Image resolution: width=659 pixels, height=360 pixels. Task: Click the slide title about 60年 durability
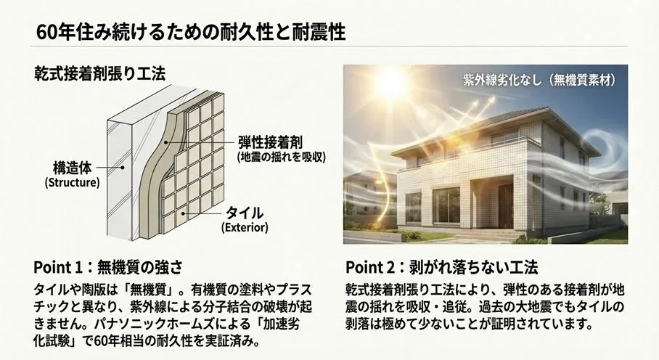click(191, 32)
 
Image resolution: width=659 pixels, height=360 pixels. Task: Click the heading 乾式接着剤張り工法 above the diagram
click(100, 73)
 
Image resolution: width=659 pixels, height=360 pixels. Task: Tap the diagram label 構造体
click(72, 168)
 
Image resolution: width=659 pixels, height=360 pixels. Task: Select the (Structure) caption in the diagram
click(73, 183)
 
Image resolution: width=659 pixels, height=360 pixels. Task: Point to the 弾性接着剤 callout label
click(270, 142)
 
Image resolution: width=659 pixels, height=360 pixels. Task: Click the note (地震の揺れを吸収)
click(281, 157)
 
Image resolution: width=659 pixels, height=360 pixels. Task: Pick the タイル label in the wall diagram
click(245, 213)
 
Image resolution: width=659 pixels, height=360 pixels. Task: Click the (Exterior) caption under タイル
click(245, 228)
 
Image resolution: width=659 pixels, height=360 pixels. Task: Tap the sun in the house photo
click(390, 83)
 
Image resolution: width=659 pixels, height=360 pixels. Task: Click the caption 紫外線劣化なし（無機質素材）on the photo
click(539, 80)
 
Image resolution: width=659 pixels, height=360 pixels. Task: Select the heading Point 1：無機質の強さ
click(108, 267)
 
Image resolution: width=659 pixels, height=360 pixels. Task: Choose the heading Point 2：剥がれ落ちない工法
click(442, 267)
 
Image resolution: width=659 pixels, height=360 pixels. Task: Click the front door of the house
click(506, 205)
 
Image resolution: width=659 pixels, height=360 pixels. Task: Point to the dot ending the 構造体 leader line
click(123, 167)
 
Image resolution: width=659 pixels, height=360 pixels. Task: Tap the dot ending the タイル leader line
click(183, 213)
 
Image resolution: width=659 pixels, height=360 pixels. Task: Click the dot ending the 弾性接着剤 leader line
click(166, 142)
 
